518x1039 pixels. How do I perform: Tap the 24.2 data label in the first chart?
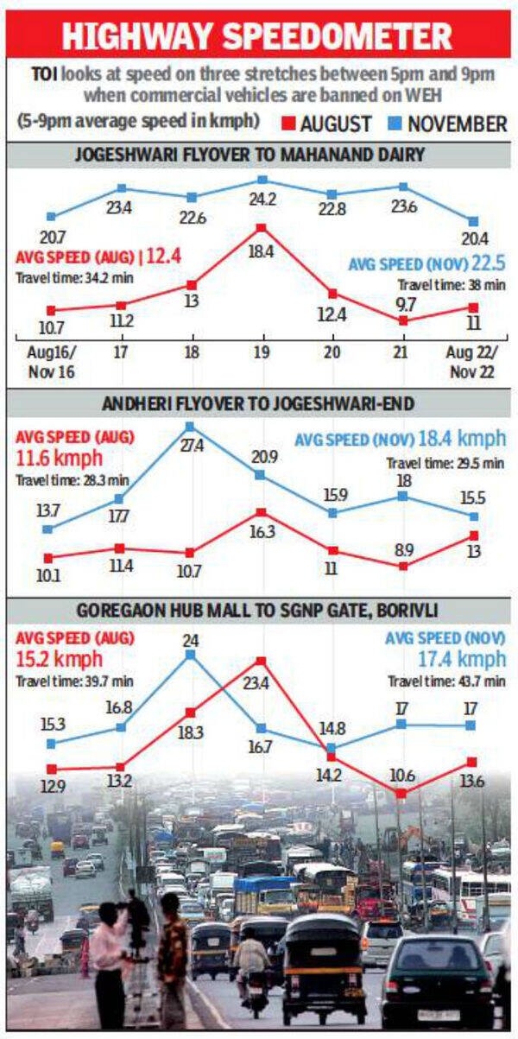pyautogui.click(x=262, y=207)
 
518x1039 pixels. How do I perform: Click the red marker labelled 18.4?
pyautogui.click(x=261, y=228)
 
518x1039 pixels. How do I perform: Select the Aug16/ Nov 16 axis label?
pyautogui.click(x=50, y=361)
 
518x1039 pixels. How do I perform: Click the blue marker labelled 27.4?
pyautogui.click(x=190, y=427)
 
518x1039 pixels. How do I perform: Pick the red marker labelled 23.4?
pyautogui.click(x=261, y=661)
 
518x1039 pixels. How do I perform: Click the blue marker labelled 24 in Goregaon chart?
pyautogui.click(x=191, y=654)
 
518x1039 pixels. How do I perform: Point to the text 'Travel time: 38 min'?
pyautogui.click(x=452, y=284)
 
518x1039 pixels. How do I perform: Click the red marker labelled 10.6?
pyautogui.click(x=401, y=793)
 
